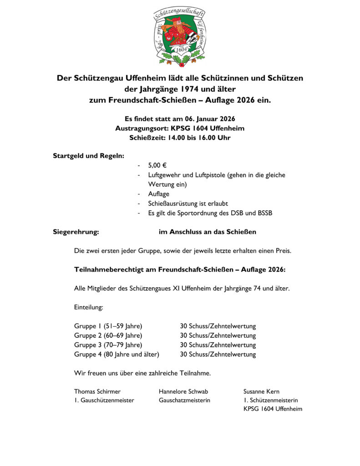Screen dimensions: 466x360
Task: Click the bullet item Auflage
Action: pyautogui.click(x=158, y=194)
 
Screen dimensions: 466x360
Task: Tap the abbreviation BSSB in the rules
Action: pyautogui.click(x=263, y=213)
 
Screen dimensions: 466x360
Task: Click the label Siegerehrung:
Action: pyautogui.click(x=76, y=232)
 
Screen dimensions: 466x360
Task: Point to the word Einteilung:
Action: pyautogui.click(x=89, y=307)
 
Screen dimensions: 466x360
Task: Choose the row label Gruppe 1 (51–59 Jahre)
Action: pyautogui.click(x=108, y=326)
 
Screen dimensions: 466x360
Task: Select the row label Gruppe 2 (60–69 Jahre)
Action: pyautogui.click(x=108, y=335)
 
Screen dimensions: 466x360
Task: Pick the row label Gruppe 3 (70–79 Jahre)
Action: pyautogui.click(x=108, y=345)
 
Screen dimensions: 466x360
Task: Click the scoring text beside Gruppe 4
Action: pyautogui.click(x=218, y=354)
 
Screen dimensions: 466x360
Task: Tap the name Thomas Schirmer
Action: pyautogui.click(x=97, y=391)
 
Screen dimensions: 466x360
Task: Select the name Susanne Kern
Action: pyautogui.click(x=262, y=391)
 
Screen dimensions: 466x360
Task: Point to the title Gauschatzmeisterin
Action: pyautogui.click(x=184, y=400)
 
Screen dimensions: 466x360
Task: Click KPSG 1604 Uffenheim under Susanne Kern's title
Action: pyautogui.click(x=273, y=409)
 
